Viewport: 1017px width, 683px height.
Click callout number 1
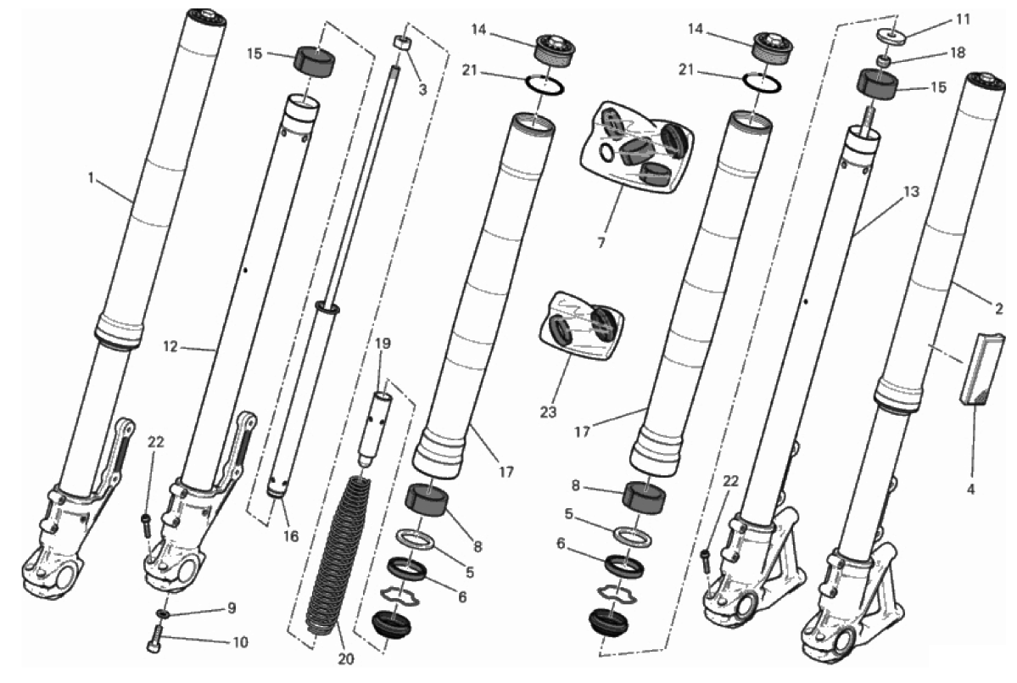pyautogui.click(x=92, y=176)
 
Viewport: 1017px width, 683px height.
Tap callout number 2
pyautogui.click(x=999, y=309)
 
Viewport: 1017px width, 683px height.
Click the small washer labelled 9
pyautogui.click(x=162, y=613)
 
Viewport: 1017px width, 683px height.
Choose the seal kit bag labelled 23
pyautogui.click(x=582, y=327)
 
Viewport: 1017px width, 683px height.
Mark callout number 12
pyautogui.click(x=170, y=348)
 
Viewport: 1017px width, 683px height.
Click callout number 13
pyautogui.click(x=911, y=192)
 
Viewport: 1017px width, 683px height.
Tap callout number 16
pyautogui.click(x=291, y=535)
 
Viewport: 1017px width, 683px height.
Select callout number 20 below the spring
pyautogui.click(x=346, y=659)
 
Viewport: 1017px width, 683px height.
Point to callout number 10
pyautogui.click(x=240, y=643)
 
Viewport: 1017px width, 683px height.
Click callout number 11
pyautogui.click(x=964, y=20)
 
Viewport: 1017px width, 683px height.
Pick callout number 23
pyautogui.click(x=548, y=411)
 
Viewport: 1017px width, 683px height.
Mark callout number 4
pyautogui.click(x=971, y=490)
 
